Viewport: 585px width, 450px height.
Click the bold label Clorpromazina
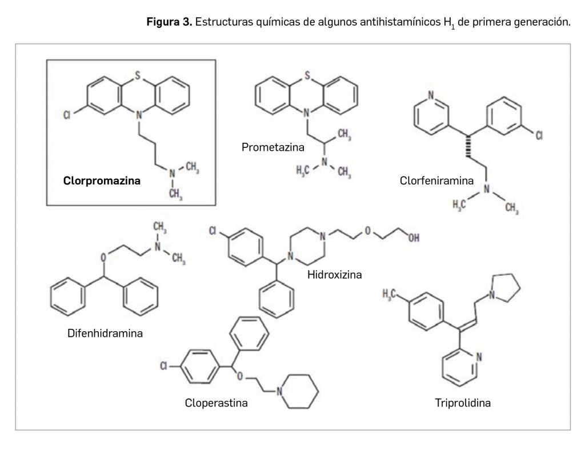(x=102, y=181)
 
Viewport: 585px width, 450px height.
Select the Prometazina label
(x=273, y=147)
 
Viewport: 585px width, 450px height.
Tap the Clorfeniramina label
(x=436, y=181)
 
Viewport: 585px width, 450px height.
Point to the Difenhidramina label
(x=105, y=333)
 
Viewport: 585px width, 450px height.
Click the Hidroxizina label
(x=335, y=275)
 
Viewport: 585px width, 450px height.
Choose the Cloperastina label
(x=216, y=403)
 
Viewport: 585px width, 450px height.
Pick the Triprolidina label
(x=463, y=403)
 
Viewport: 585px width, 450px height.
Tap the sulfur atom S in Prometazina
(x=307, y=74)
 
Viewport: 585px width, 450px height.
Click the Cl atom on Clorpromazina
(x=67, y=116)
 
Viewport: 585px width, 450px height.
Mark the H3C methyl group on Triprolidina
(x=391, y=294)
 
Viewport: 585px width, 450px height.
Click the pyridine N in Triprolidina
(x=478, y=357)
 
